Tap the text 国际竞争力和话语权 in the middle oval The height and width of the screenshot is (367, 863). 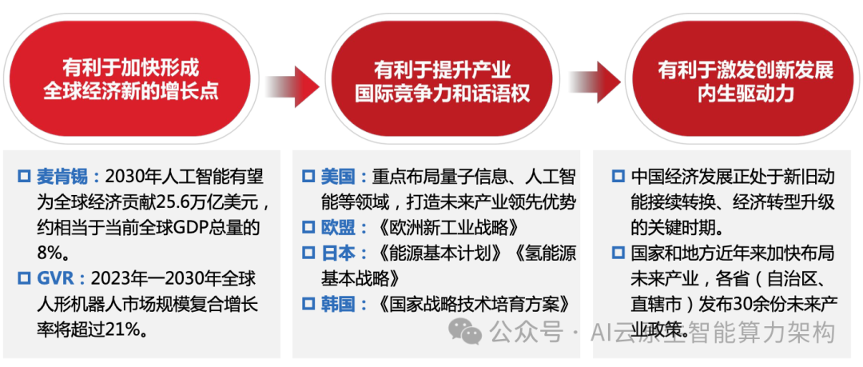click(442, 94)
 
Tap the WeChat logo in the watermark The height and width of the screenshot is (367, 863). click(464, 329)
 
